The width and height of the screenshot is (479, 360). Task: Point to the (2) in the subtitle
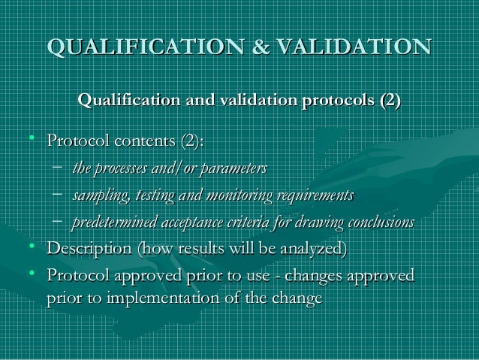(388, 101)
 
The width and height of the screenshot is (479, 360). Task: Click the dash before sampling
(58, 195)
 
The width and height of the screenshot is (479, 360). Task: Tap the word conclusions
(379, 223)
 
